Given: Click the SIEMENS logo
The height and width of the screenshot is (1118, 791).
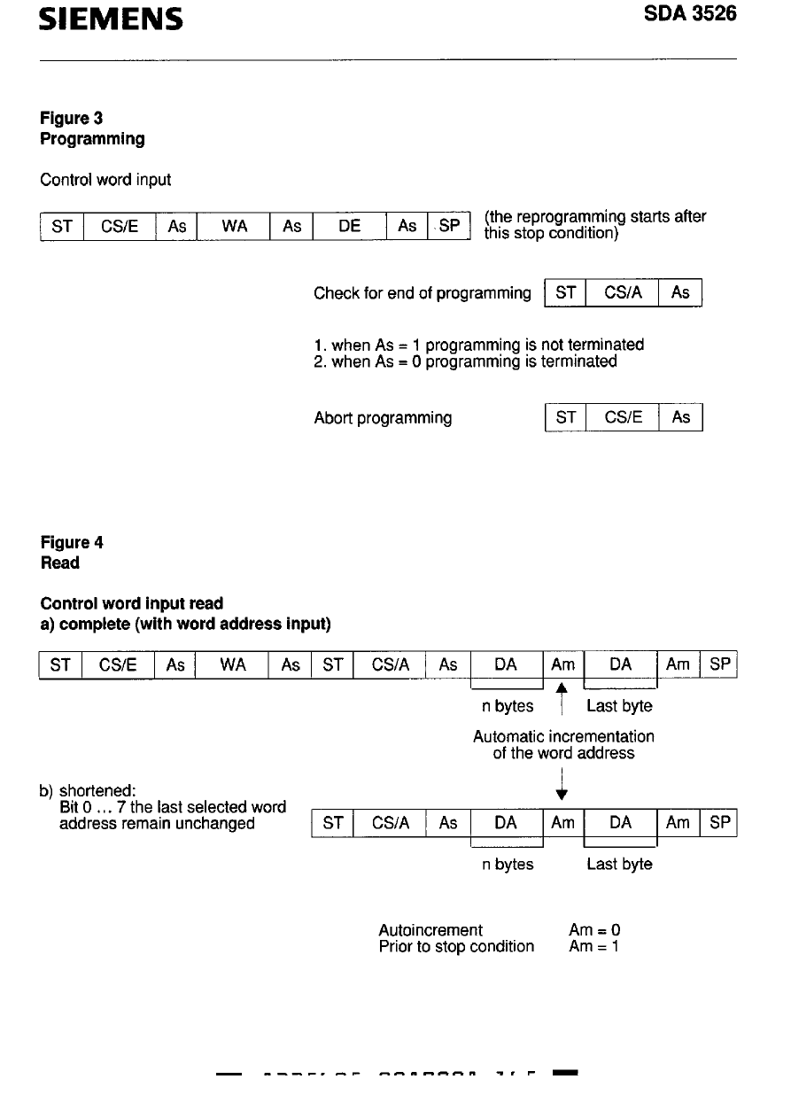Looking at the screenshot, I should [x=111, y=19].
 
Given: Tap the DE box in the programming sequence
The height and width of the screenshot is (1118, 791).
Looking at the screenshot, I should [x=350, y=226].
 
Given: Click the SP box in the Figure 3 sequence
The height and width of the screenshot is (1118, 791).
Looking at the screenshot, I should [x=449, y=226].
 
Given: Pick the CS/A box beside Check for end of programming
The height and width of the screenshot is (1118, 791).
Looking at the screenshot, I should [x=622, y=293].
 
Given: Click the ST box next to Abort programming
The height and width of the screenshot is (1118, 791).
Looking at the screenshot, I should [x=565, y=417].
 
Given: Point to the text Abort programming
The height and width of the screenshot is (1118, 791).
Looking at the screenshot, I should [x=383, y=417].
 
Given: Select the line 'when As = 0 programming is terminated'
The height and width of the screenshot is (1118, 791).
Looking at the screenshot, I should [x=465, y=361].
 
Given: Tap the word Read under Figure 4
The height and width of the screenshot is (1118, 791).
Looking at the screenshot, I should [x=60, y=563].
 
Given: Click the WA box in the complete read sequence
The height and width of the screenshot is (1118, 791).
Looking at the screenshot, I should [x=233, y=665].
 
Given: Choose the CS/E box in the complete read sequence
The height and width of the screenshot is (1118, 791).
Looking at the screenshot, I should [x=119, y=665].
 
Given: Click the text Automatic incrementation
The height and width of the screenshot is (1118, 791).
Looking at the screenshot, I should [x=563, y=736].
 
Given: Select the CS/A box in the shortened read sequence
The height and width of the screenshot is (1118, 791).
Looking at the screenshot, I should [x=390, y=822].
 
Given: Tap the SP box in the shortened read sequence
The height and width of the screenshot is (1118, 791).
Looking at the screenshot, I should [x=720, y=822].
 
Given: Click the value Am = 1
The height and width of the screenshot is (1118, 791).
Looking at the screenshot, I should [x=594, y=946].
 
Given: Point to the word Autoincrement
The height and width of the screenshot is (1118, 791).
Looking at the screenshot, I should [x=430, y=929].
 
